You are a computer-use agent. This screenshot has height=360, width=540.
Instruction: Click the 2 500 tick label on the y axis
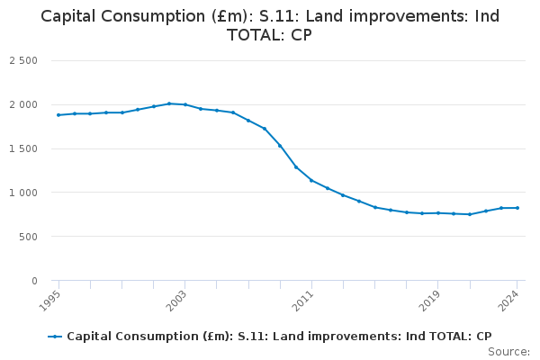tap(24, 60)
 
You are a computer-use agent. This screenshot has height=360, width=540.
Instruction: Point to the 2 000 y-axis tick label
tap(24, 104)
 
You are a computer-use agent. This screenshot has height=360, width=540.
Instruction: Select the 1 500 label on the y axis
tap(24, 148)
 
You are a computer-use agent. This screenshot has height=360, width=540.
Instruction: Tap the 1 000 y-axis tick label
tap(24, 193)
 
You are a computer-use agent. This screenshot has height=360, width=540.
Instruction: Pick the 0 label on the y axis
tap(34, 281)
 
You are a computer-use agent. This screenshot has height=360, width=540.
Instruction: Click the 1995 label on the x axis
tap(51, 298)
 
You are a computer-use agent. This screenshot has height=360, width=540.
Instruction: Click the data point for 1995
tap(58, 115)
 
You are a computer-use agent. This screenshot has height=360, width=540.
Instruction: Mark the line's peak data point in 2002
tap(169, 103)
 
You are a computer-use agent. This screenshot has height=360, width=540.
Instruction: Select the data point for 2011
tap(311, 180)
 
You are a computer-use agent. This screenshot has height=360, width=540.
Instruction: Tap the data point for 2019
tap(437, 213)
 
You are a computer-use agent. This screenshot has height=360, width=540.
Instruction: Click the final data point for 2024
tap(517, 208)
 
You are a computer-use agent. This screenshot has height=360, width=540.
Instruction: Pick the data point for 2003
tap(185, 104)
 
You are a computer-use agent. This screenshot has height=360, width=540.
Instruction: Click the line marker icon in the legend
tap(56, 337)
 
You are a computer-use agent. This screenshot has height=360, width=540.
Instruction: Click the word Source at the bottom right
tap(508, 351)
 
